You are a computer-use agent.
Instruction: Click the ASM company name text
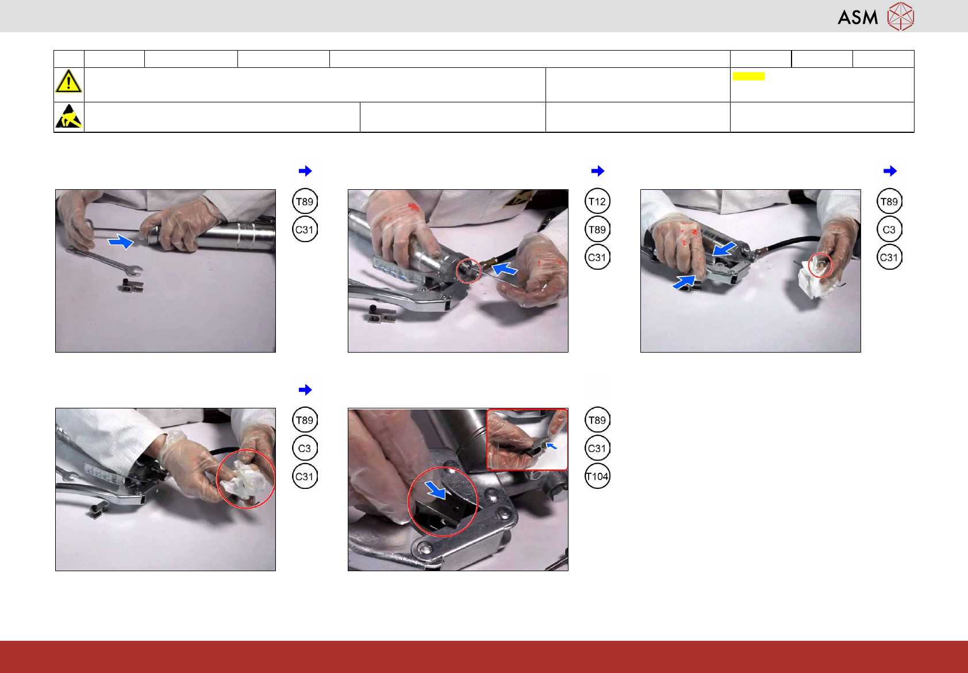point(858,18)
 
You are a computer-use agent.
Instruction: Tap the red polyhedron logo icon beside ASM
point(901,17)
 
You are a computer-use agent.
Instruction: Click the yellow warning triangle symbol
point(68,81)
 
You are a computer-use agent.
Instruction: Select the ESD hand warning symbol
point(69,116)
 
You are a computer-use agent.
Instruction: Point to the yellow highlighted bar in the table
point(748,77)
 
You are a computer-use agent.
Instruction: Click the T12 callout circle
point(597,201)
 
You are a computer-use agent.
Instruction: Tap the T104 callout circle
point(597,476)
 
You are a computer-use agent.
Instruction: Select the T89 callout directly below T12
point(597,230)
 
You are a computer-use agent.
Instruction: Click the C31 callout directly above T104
point(597,448)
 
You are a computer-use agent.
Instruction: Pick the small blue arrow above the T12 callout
point(598,171)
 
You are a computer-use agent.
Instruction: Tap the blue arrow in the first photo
point(121,241)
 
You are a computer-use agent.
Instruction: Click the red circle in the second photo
point(468,271)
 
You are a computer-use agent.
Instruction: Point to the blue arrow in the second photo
point(504,269)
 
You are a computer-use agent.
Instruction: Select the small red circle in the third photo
point(820,265)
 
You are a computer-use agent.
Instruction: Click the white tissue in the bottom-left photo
point(242,480)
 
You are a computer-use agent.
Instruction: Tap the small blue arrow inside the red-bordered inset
point(551,445)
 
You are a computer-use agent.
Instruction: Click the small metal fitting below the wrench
point(132,285)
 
